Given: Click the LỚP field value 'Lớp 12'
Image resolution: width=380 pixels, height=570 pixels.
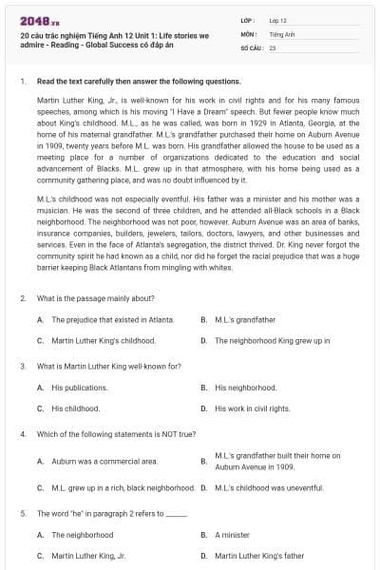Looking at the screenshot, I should pyautogui.click(x=277, y=19).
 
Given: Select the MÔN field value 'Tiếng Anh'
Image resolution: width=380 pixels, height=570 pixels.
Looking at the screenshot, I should pyautogui.click(x=279, y=32).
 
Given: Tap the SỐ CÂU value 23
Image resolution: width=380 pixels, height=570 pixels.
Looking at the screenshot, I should pyautogui.click(x=272, y=46).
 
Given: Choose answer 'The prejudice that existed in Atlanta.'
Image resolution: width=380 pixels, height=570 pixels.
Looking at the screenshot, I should pyautogui.click(x=100, y=320).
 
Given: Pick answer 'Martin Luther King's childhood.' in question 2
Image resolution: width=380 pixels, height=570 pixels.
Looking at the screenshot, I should pyautogui.click(x=104, y=340).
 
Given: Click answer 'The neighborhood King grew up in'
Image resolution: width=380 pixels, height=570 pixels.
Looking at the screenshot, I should pyautogui.click(x=272, y=340).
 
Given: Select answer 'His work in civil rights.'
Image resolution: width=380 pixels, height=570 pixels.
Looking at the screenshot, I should pyautogui.click(x=252, y=408).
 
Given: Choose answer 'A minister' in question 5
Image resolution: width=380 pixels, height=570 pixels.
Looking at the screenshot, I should pyautogui.click(x=233, y=535).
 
